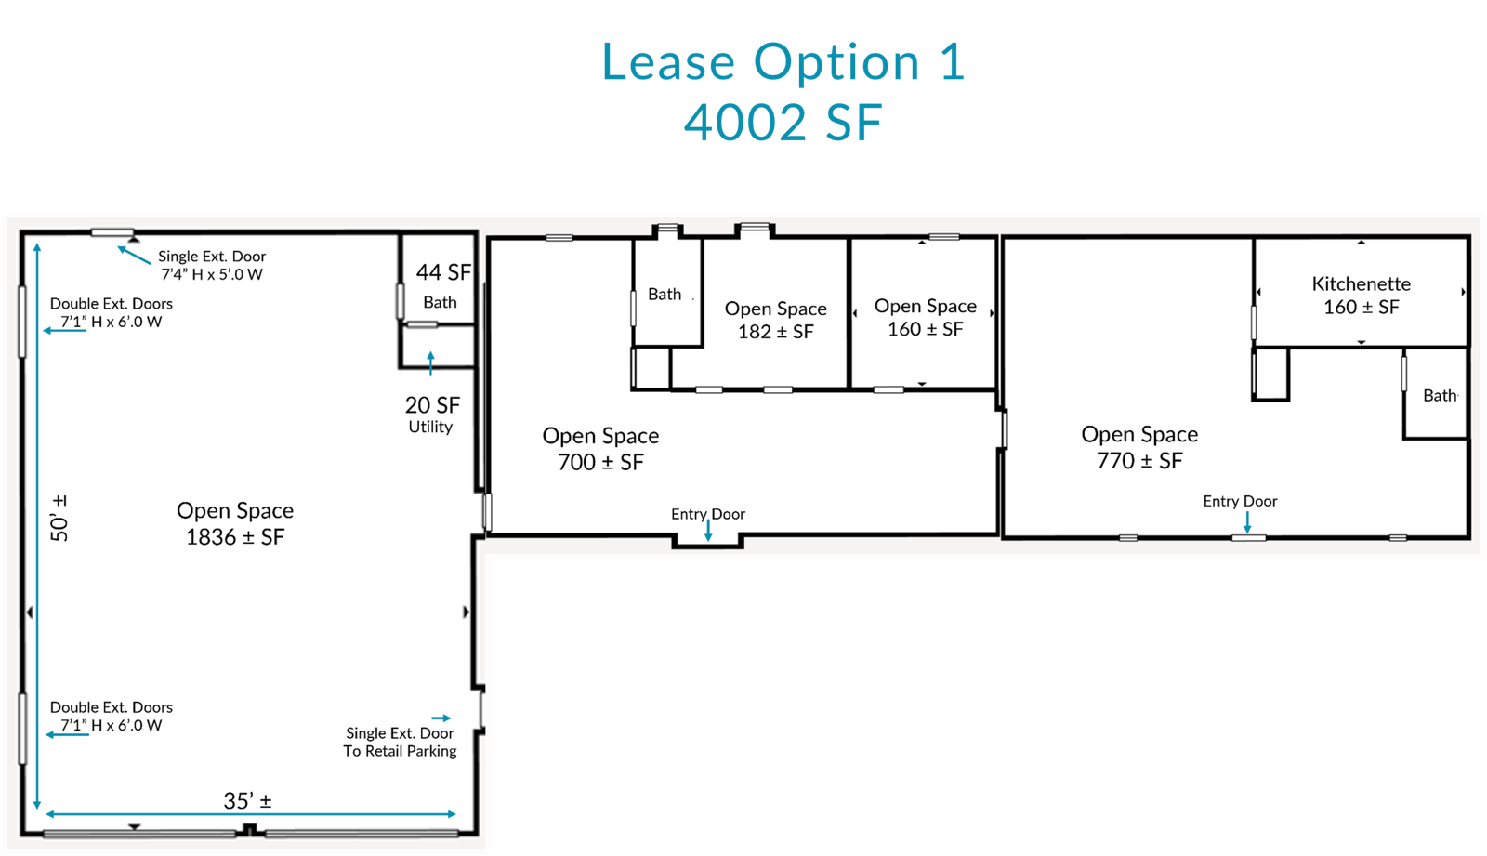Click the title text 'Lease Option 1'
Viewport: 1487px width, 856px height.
point(783,61)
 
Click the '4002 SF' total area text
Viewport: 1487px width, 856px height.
point(783,123)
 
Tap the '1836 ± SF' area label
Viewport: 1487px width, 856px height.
point(235,536)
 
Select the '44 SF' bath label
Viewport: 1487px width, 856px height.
point(443,272)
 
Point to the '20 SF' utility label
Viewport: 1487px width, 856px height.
point(432,404)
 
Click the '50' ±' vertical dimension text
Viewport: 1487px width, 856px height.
point(59,518)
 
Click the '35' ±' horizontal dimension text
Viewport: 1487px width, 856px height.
point(247,801)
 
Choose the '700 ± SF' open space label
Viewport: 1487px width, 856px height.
point(600,462)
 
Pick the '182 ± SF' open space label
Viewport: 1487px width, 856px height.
point(775,332)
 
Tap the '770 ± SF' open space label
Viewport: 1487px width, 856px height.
point(1139,461)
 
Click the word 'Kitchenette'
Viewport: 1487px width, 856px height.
point(1361,284)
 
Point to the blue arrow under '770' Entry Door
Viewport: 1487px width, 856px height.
point(1247,522)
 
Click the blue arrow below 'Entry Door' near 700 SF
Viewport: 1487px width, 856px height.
point(708,531)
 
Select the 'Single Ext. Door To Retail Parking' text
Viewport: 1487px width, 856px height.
point(400,743)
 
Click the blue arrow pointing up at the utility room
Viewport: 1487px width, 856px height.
point(431,364)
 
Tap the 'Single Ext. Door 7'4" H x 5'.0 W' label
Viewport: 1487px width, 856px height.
point(212,265)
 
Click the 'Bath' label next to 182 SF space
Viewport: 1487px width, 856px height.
point(665,295)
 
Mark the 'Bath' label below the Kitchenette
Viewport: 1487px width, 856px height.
point(1440,396)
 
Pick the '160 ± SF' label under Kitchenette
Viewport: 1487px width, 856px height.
point(1361,308)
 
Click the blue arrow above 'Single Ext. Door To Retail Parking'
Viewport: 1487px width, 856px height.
point(441,718)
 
